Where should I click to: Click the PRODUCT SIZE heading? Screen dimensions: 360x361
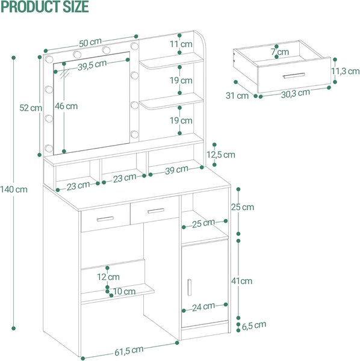[x=45, y=7]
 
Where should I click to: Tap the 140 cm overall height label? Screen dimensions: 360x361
[x=14, y=190]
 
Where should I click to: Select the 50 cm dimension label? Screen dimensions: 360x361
[x=90, y=43]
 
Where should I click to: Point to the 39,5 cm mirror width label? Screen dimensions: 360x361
[x=92, y=66]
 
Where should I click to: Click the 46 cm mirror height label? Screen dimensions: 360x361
[x=66, y=106]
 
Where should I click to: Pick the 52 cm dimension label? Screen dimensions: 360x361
[x=31, y=108]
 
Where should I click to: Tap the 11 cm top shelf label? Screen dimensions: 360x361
[x=181, y=44]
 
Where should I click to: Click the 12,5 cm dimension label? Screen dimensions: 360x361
[x=221, y=155]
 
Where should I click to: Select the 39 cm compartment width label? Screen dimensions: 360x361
[x=176, y=170]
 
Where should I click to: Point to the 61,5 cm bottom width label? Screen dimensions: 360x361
[x=129, y=350]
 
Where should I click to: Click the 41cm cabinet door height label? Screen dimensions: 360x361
[x=241, y=281]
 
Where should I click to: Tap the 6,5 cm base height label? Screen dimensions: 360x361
[x=254, y=326]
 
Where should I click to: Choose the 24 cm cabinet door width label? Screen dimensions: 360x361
[x=203, y=307]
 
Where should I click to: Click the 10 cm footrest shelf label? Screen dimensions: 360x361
[x=124, y=291]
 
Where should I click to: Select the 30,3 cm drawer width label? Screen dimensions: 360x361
[x=295, y=93]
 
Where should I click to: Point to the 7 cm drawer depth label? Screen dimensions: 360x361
[x=280, y=52]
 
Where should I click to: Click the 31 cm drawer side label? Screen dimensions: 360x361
[x=237, y=96]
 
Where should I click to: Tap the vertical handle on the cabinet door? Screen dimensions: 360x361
[x=189, y=288]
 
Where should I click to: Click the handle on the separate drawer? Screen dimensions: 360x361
[x=294, y=76]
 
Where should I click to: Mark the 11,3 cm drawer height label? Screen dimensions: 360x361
[x=346, y=71]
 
